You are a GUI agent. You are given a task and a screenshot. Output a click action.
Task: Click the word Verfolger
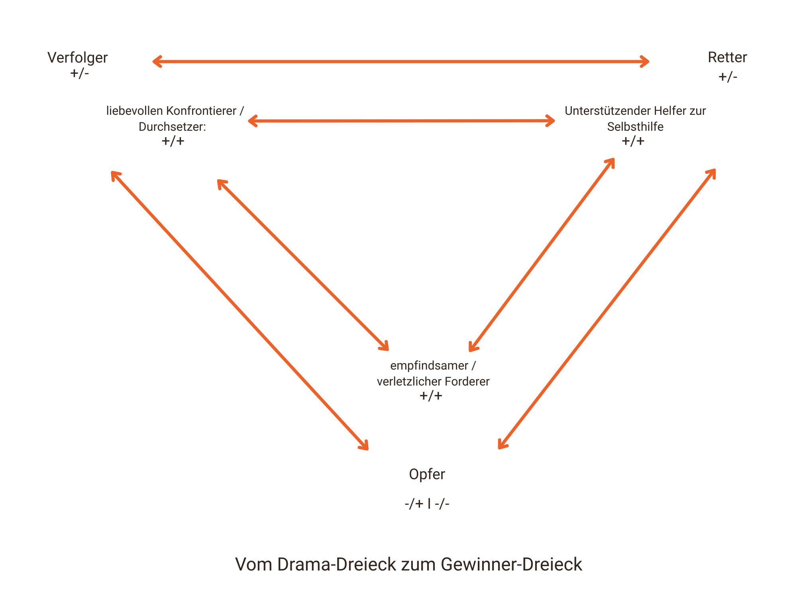click(x=77, y=58)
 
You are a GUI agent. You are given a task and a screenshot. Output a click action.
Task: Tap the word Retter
click(x=727, y=57)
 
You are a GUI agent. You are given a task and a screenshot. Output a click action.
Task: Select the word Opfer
click(x=427, y=474)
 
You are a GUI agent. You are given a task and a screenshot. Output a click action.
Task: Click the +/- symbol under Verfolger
click(x=79, y=73)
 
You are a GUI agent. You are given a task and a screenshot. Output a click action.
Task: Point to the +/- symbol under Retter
click(x=728, y=77)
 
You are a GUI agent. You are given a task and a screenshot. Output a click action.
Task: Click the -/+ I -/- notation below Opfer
click(x=427, y=504)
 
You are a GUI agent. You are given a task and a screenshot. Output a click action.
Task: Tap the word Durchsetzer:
click(x=172, y=127)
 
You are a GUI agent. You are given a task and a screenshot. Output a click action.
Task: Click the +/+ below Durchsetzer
click(x=173, y=141)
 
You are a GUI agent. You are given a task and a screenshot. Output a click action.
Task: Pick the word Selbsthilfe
click(x=635, y=127)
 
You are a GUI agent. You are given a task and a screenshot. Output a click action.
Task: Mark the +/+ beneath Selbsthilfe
click(x=633, y=141)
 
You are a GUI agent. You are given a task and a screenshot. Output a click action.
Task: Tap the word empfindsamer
click(x=429, y=366)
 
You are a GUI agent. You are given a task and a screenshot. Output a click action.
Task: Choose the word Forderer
click(x=467, y=382)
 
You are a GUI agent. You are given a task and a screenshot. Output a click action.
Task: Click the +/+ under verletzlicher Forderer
click(x=431, y=396)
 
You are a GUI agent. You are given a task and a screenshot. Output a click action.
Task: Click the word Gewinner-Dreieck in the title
click(x=511, y=565)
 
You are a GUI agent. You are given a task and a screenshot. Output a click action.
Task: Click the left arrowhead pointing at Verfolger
click(x=156, y=61)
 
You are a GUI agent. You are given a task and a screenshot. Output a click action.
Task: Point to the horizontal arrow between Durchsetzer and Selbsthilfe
click(x=401, y=121)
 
